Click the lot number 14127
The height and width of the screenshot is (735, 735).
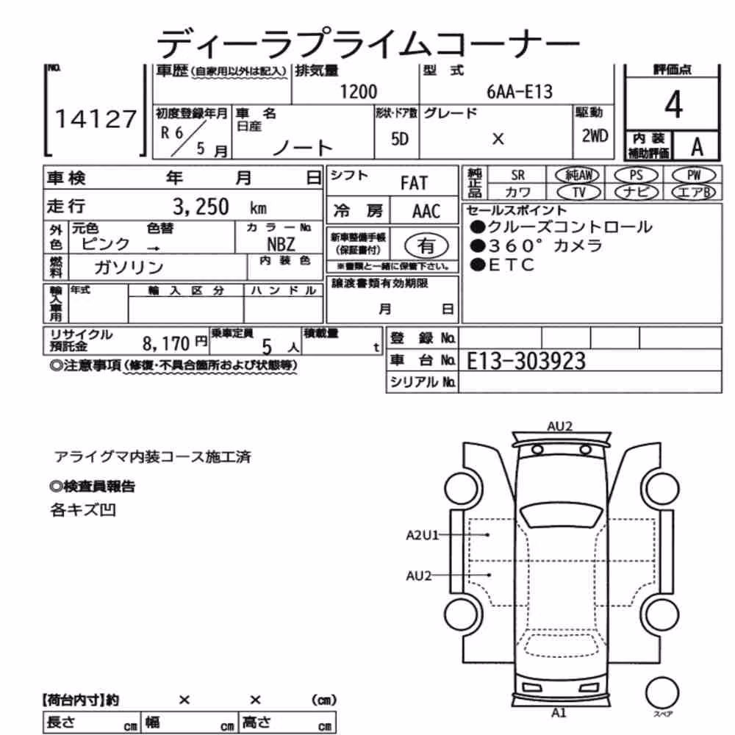point(96,118)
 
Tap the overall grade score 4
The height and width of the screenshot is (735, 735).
point(673,104)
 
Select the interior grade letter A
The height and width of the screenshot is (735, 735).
point(697,147)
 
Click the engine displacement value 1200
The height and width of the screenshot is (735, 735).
point(358,91)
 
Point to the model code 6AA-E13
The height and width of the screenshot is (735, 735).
point(520,91)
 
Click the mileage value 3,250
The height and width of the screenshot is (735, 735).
point(201,207)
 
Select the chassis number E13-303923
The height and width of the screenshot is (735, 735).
point(526,361)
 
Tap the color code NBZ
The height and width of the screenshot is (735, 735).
point(281,244)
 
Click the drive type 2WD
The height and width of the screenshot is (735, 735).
point(595,136)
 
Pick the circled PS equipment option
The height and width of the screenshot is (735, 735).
point(636,176)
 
